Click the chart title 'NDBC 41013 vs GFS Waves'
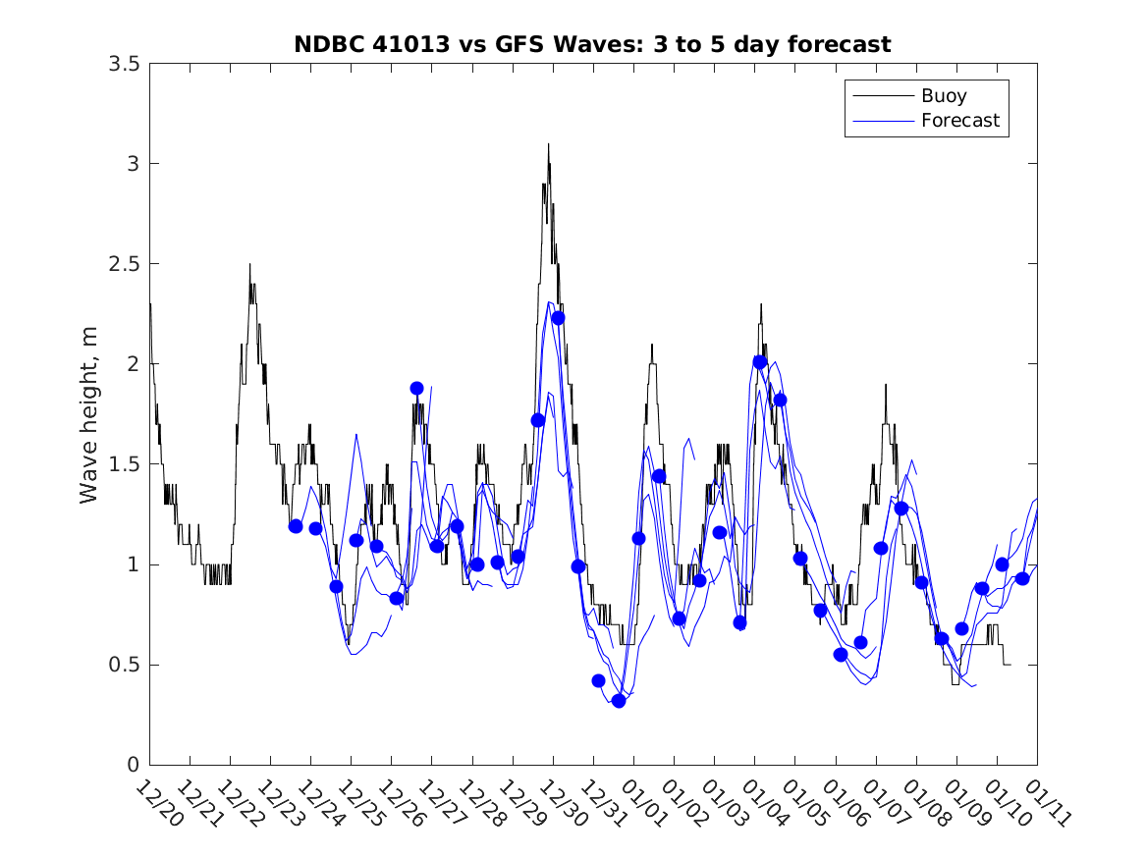point(592,44)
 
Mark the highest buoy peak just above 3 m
point(548,144)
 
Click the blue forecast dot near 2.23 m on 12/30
point(558,317)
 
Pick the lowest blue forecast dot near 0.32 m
point(619,700)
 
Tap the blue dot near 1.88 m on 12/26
point(416,388)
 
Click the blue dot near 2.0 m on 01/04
point(760,361)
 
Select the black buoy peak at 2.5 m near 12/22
point(249,264)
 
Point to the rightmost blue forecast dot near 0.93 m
point(1022,578)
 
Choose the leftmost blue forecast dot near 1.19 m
point(296,526)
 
